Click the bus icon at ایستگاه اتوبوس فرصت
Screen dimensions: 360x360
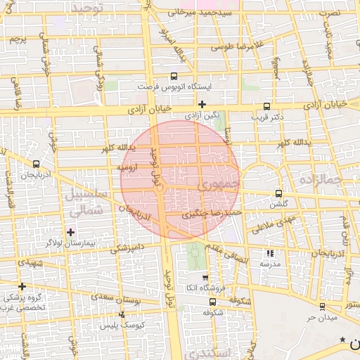[174, 77]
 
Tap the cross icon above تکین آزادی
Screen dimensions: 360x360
[202, 104]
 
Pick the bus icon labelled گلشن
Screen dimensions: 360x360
[279, 194]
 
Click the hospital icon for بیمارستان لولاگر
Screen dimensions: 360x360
[70, 232]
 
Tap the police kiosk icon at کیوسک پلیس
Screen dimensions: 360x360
[123, 315]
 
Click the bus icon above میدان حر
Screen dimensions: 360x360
[322, 307]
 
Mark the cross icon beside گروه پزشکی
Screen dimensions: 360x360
[22, 286]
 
